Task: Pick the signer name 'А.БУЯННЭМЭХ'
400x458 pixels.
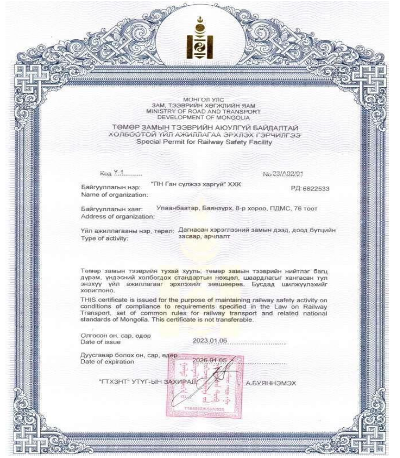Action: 271,383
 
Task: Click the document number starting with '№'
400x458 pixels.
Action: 289,173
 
